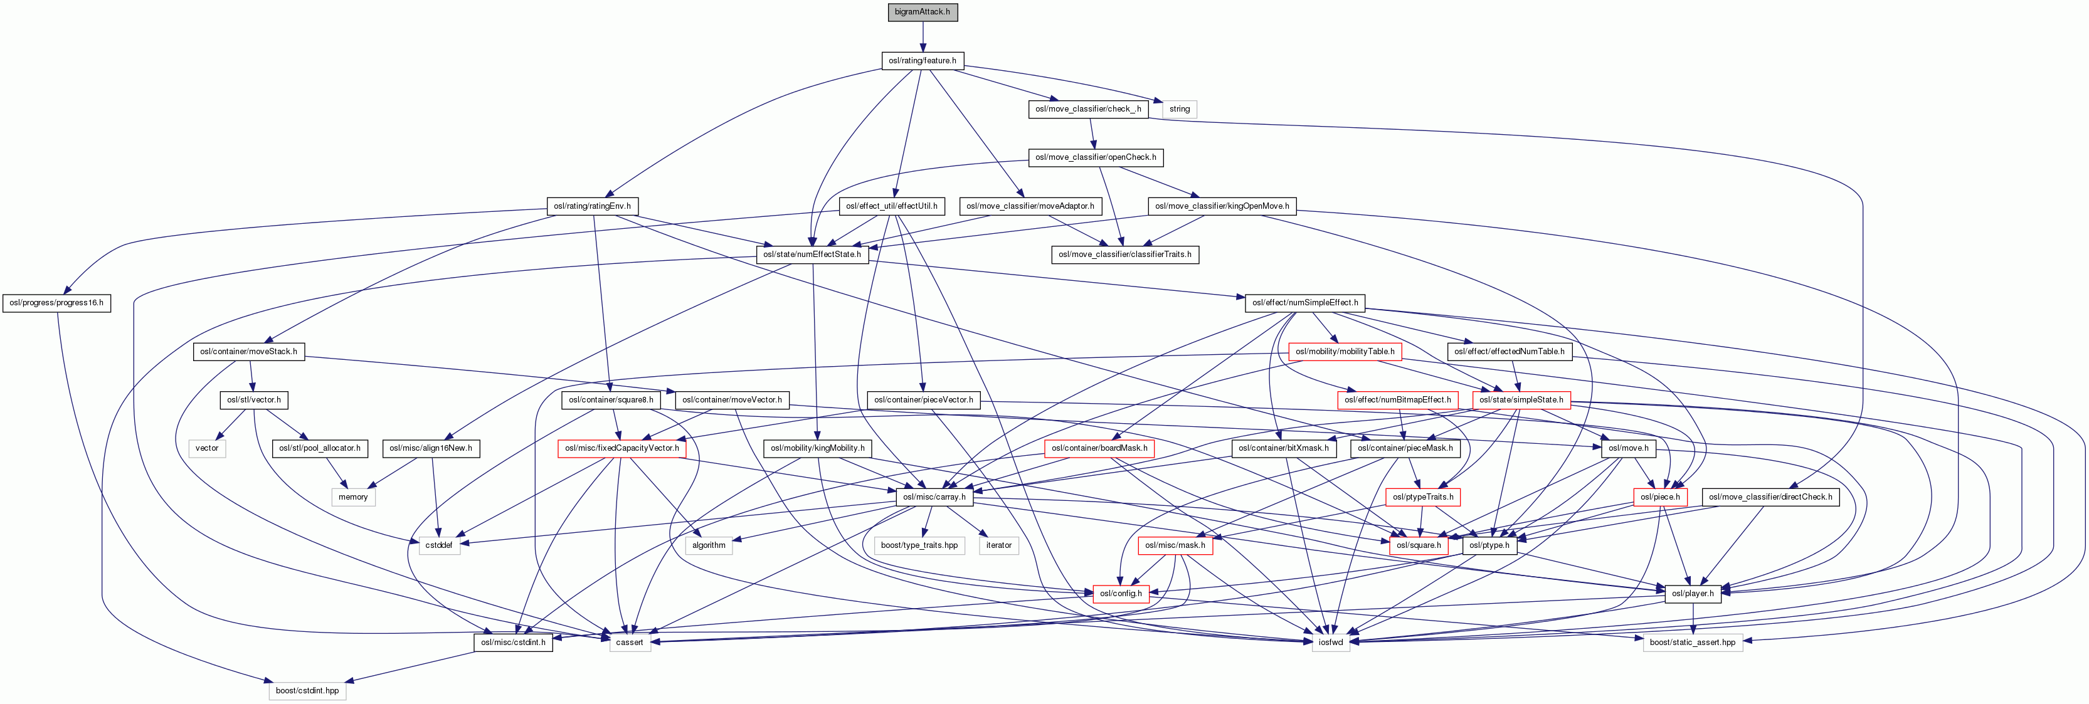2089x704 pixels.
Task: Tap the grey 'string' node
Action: [1179, 108]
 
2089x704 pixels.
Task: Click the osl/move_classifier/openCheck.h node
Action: [1096, 157]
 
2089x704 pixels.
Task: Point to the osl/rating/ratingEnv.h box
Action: [592, 206]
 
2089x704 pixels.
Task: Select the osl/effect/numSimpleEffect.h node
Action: [1305, 303]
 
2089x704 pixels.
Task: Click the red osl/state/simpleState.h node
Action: [1521, 400]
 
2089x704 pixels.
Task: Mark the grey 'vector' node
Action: [207, 448]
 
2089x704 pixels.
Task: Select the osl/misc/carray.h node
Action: [934, 497]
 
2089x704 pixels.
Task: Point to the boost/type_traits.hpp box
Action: [919, 545]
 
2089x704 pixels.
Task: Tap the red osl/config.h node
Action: [1121, 594]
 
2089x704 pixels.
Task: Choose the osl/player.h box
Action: [1693, 594]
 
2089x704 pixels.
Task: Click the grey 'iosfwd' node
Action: [1331, 643]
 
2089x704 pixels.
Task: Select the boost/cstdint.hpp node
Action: [307, 691]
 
